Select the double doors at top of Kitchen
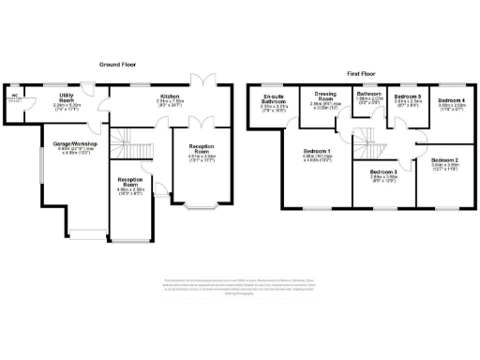199,79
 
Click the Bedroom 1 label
318,154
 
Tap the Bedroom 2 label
443,163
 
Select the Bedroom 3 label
379,175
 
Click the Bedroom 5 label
407,100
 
